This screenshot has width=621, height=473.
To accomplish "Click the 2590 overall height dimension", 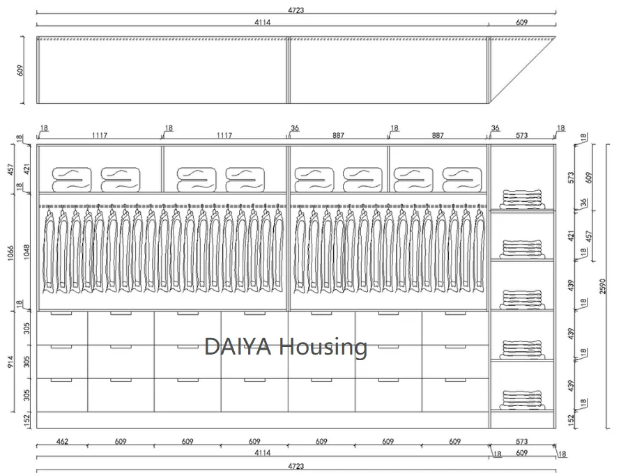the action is (x=603, y=286).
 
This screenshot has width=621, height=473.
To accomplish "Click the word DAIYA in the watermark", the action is (x=239, y=346).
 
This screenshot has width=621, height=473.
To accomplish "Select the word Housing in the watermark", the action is (x=325, y=346).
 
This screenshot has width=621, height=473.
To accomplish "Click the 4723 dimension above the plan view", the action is (x=295, y=10).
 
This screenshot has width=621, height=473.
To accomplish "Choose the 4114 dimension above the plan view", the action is (x=262, y=23).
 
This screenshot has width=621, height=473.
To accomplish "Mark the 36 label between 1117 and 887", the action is (x=295, y=128).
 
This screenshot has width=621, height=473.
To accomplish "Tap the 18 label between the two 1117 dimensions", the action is (x=168, y=128).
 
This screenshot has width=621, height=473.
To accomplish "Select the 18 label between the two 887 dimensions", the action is (x=394, y=128).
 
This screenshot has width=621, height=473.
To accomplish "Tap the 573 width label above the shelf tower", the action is (x=522, y=136).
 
